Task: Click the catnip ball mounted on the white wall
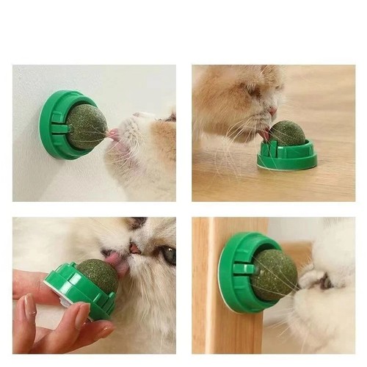pyautogui.click(x=87, y=126)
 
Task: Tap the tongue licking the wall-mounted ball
pyautogui.click(x=113, y=135)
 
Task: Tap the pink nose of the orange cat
pyautogui.click(x=273, y=111)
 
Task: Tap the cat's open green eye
pyautogui.click(x=169, y=255)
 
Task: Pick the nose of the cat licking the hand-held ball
pyautogui.click(x=135, y=249)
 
